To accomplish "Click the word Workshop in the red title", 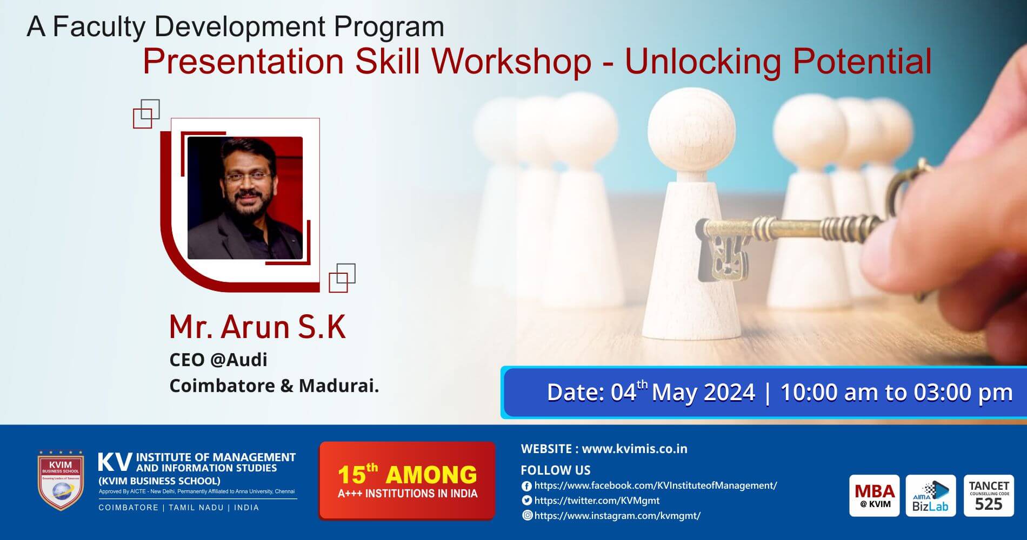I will point(511,62).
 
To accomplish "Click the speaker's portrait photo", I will point(245,198).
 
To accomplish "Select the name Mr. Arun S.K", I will point(257,327).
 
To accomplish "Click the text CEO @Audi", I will point(218,360).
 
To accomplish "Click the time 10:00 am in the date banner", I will point(830,393).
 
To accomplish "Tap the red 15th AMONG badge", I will point(407,480).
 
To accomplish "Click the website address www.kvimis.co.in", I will point(635,449).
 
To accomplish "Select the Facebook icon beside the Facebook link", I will point(526,486).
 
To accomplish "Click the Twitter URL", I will point(597,501).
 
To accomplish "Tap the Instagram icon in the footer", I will point(527,515).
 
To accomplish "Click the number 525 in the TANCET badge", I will point(989,504).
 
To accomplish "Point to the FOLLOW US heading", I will point(555,470).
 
